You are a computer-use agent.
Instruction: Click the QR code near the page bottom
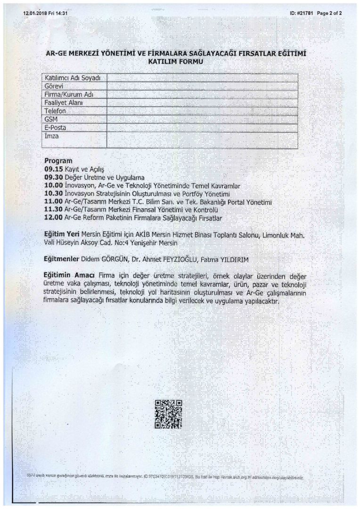tap(168, 414)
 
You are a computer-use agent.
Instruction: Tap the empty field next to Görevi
tap(202, 86)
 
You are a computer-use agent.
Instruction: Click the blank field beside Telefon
tap(202, 111)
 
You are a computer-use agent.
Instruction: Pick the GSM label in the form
tap(50, 119)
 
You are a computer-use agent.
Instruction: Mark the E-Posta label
tap(55, 127)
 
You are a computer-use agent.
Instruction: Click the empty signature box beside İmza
tap(202, 140)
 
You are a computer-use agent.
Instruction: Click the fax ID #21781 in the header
tap(301, 13)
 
